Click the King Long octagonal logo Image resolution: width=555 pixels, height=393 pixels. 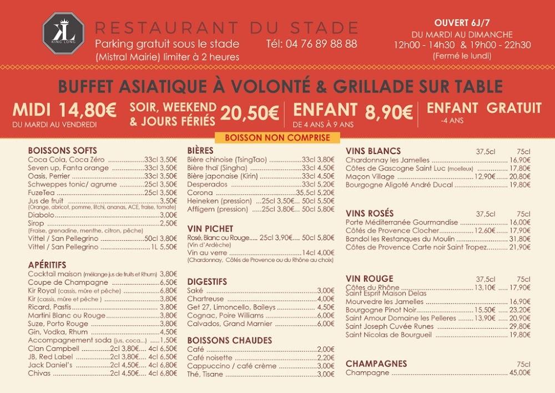63,33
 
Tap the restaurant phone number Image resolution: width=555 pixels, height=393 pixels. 311,43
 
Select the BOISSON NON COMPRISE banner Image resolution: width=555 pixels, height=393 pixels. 277,138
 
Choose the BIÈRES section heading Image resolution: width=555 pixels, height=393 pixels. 200,151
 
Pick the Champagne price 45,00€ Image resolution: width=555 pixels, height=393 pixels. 519,373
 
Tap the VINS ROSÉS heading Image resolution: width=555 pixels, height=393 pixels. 370,213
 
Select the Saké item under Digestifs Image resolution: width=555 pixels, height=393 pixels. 195,290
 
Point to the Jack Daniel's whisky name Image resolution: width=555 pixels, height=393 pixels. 51,365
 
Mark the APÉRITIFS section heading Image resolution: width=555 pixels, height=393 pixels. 47,265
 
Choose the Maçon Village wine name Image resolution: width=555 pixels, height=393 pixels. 370,176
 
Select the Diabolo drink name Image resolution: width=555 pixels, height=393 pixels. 41,215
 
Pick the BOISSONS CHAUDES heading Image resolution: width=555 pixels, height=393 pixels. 230,340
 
